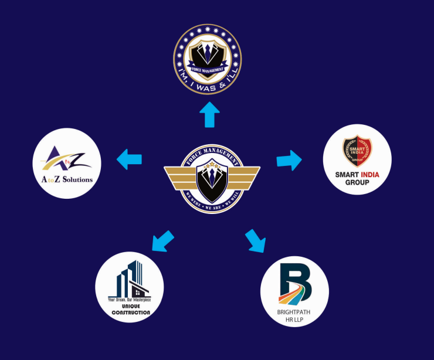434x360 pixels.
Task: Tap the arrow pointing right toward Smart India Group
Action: [x=289, y=159]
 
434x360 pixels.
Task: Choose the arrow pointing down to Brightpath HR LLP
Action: [x=256, y=241]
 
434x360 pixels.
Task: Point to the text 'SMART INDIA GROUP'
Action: [x=357, y=178]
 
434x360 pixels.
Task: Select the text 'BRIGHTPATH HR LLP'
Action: [x=294, y=316]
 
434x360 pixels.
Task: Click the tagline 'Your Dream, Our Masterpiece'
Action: [x=130, y=300]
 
